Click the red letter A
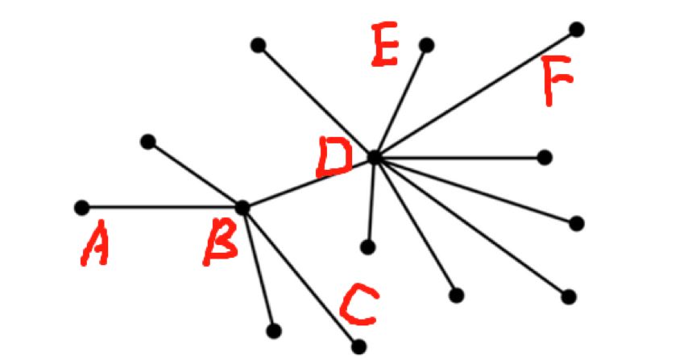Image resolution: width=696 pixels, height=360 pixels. [x=94, y=243]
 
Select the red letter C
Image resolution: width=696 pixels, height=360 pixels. [x=359, y=304]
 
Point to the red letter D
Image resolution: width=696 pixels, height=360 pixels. [x=333, y=157]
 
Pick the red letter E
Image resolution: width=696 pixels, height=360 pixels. [x=384, y=44]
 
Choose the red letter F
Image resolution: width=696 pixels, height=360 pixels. [x=557, y=80]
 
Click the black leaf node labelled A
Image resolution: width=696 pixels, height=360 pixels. [x=81, y=207]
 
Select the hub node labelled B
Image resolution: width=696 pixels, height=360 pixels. [x=242, y=207]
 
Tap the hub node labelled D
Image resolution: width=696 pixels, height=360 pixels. [x=375, y=157]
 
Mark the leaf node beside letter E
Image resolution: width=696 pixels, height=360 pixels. [x=426, y=45]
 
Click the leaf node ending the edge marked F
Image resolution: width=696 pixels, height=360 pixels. [x=576, y=29]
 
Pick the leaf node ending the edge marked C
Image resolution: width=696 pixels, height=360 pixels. [x=358, y=346]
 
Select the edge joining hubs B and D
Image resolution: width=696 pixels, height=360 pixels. [x=309, y=182]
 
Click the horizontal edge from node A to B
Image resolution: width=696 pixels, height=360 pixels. [x=162, y=207]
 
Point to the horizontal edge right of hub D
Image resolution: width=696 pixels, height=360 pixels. [x=459, y=157]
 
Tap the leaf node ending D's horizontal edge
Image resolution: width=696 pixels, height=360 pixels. [x=545, y=157]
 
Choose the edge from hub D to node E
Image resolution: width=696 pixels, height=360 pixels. [x=400, y=101]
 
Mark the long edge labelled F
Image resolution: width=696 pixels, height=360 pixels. [x=475, y=93]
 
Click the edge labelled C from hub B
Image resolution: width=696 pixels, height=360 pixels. [x=300, y=276]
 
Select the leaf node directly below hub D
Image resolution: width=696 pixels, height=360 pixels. [x=368, y=246]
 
